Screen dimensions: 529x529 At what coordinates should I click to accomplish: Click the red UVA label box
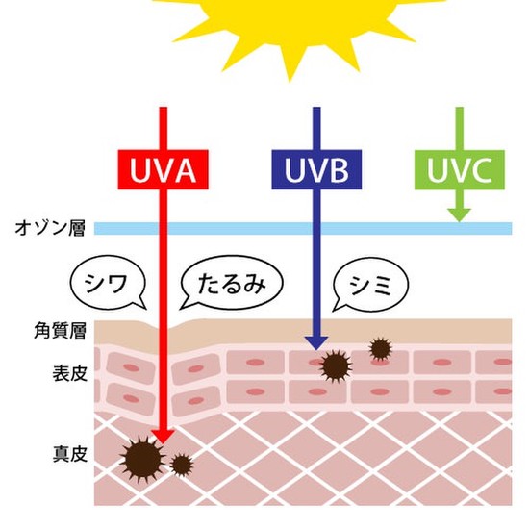163,169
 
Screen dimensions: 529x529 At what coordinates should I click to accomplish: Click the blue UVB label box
316,169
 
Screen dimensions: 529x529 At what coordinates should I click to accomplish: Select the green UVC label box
460,169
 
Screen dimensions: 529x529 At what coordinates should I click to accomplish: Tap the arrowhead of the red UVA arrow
163,437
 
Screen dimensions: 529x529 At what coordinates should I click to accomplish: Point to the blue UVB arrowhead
316,342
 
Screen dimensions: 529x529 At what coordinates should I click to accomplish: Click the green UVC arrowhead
459,214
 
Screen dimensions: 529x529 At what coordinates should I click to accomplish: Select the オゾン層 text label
50,228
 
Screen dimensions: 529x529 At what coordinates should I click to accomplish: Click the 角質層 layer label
60,330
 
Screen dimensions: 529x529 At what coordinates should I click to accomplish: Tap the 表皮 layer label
70,373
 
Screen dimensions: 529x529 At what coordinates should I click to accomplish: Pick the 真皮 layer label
70,454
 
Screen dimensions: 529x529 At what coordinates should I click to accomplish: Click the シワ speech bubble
108,284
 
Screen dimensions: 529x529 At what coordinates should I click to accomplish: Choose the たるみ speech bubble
232,283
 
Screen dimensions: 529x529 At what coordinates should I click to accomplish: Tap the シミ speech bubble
370,285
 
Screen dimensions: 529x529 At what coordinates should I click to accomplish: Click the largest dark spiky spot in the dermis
142,459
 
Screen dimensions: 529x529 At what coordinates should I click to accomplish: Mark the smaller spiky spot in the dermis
182,465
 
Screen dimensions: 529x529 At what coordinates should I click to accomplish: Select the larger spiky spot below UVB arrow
335,366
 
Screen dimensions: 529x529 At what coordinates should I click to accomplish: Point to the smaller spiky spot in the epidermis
380,349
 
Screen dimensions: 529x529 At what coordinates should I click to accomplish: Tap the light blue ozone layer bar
303,228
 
